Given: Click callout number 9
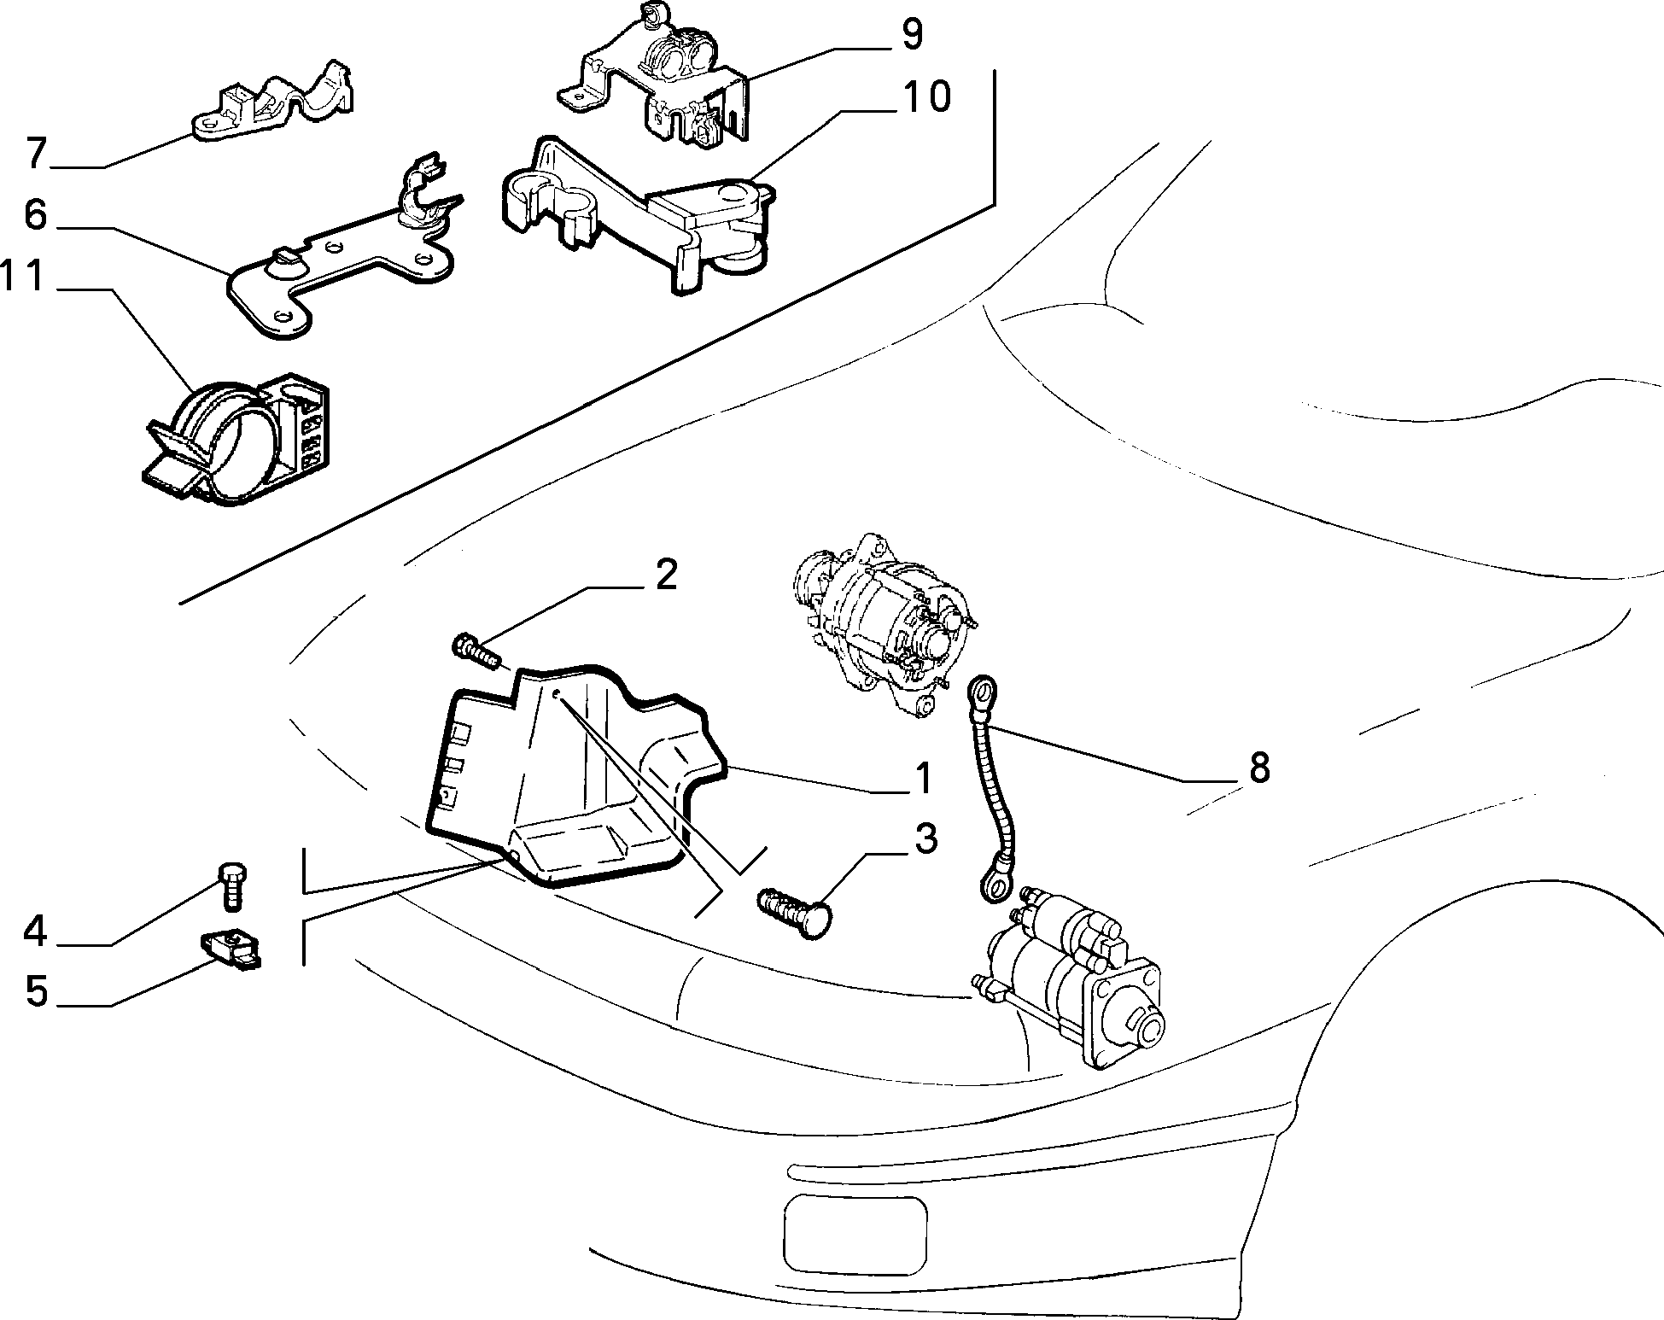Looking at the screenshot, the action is [912, 34].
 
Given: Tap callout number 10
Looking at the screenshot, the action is [925, 97].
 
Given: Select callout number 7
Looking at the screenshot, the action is [35, 154].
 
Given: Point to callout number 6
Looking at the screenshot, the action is [35, 215].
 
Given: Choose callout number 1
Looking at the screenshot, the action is [923, 779].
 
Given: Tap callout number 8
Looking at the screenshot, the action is [1259, 768].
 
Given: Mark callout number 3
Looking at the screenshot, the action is [925, 839].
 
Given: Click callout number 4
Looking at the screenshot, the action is [35, 931].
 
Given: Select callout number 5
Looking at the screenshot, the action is [36, 992].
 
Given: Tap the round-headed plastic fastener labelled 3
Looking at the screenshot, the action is [794, 911].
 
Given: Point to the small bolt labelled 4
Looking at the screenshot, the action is [233, 885].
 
